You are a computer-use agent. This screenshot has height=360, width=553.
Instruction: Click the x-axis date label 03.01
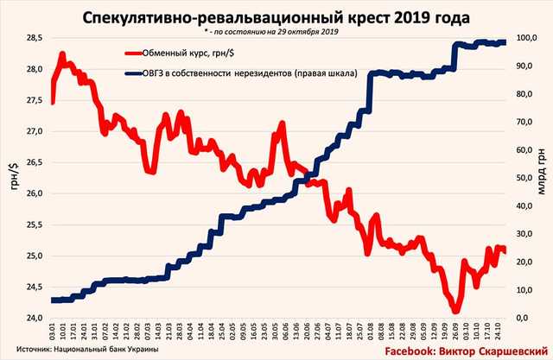pyautogui.click(x=53, y=331)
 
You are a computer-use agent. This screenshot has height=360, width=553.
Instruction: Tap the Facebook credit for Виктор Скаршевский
pyautogui.click(x=467, y=351)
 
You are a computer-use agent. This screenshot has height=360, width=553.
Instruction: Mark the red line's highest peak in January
pyautogui.click(x=61, y=54)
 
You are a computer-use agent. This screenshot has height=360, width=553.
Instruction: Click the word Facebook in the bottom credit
pyautogui.click(x=413, y=351)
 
